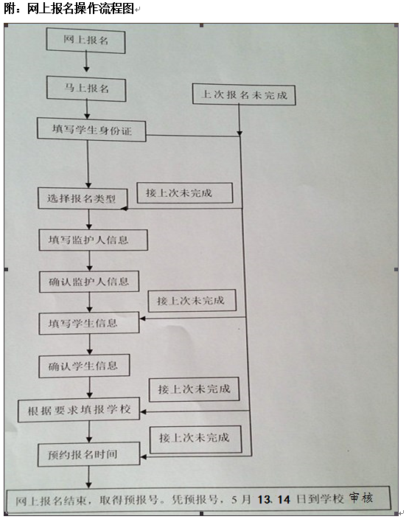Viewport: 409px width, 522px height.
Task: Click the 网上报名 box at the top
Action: [86, 41]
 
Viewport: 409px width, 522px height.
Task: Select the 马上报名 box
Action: [86, 88]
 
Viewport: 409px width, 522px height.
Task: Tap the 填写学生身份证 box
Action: [91, 130]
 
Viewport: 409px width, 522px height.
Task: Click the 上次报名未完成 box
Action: [244, 94]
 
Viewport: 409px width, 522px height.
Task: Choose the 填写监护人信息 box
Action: [93, 240]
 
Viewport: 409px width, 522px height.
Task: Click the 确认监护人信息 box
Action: [89, 282]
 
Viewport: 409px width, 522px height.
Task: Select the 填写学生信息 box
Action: [89, 323]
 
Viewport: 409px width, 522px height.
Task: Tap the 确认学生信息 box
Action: [84, 366]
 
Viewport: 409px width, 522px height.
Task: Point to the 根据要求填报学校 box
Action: [79, 410]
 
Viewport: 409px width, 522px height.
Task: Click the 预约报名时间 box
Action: [89, 453]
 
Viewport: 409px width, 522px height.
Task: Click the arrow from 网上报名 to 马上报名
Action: [86, 62]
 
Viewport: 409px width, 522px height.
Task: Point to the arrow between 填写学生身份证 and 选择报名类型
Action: [88, 164]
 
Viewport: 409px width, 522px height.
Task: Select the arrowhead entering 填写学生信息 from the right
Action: [143, 319]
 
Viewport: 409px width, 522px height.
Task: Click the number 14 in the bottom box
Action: [284, 499]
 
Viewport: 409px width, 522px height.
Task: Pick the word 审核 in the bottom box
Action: [361, 498]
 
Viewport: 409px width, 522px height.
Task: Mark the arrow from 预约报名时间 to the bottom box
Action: [88, 477]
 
